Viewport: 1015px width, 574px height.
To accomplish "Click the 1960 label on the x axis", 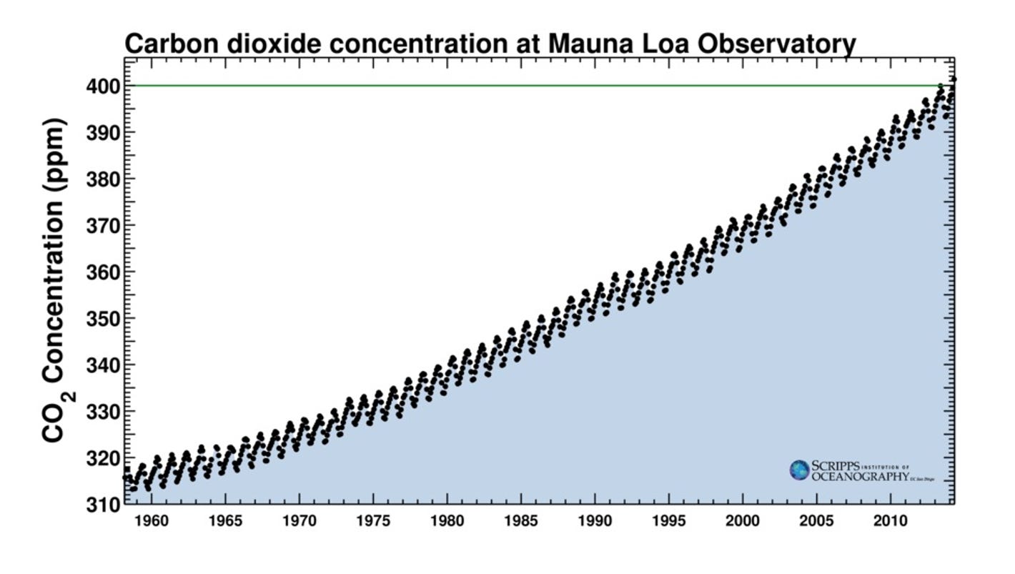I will [151, 520].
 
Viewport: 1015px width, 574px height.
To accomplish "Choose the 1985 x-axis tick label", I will [520, 520].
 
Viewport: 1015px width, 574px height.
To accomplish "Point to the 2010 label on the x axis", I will [889, 520].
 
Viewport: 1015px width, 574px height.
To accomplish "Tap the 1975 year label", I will [372, 520].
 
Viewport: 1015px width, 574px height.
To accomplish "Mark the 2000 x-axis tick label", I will [742, 520].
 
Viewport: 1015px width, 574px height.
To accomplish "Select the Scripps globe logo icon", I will [799, 470].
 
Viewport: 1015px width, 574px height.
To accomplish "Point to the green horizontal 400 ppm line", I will [500, 86].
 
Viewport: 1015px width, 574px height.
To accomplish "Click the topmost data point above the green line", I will [954, 79].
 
